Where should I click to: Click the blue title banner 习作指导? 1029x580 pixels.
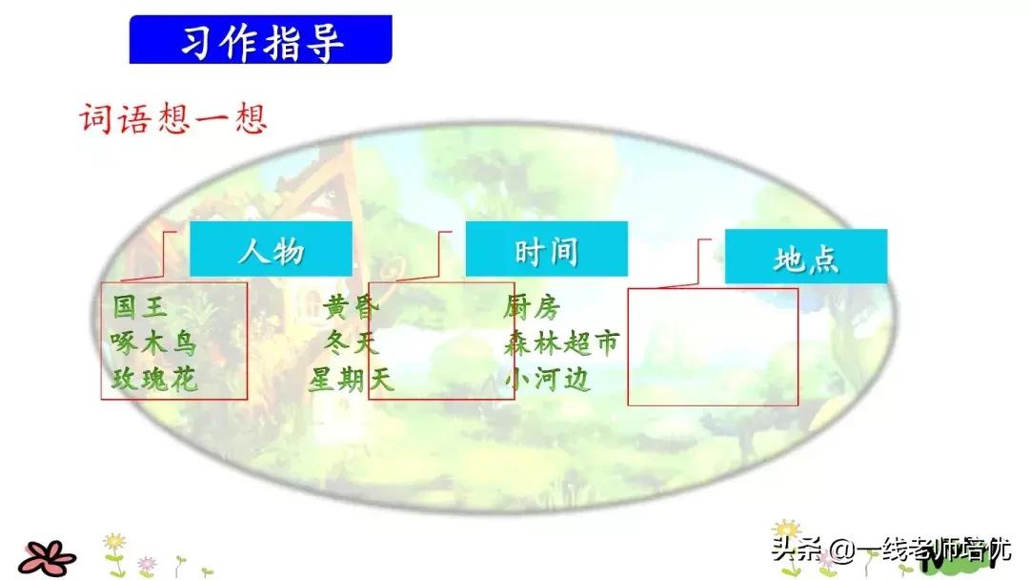click(x=260, y=40)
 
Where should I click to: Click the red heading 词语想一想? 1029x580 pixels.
click(x=172, y=119)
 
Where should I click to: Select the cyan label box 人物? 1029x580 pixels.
click(x=271, y=250)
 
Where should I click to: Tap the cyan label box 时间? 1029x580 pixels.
click(x=546, y=250)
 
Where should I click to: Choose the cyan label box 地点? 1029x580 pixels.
click(x=805, y=258)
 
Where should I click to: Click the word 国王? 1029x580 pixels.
click(x=140, y=307)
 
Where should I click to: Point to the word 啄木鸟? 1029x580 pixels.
click(x=153, y=343)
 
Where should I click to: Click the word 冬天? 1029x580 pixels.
click(x=352, y=343)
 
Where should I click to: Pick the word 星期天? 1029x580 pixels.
click(x=351, y=380)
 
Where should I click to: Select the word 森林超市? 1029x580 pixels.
click(x=561, y=343)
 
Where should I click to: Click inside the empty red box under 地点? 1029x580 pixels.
click(x=713, y=346)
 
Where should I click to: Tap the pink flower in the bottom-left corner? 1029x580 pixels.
click(x=48, y=554)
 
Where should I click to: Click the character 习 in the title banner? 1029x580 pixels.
click(x=198, y=41)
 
